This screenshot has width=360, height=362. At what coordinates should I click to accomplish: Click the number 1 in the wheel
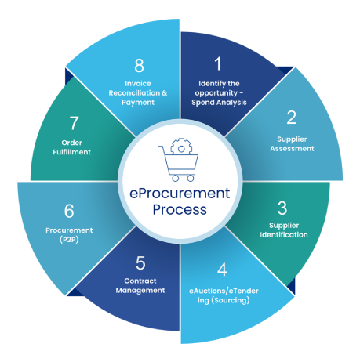point(218,63)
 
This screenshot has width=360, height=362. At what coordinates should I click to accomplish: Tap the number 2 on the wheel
point(291,118)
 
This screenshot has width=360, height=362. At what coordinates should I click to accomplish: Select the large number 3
point(282,208)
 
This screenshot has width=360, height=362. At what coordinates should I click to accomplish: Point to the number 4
point(222,270)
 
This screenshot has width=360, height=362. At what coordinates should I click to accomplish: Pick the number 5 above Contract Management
point(140,262)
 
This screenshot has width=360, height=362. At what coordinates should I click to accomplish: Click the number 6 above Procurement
point(69,211)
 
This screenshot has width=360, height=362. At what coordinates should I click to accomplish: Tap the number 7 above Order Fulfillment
point(74,123)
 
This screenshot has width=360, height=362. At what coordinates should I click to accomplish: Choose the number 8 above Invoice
point(140,65)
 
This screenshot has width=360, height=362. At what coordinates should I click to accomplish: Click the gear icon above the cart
point(181,147)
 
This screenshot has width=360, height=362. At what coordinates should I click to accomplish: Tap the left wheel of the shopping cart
point(176,179)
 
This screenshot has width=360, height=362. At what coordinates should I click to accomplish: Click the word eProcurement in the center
point(180,194)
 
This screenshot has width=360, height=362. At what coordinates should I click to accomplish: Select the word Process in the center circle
point(180,209)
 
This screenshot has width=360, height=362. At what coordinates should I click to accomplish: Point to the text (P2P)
point(69,240)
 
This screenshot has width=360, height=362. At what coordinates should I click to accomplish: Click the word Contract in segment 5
point(140,281)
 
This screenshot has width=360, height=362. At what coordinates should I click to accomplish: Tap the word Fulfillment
point(71,152)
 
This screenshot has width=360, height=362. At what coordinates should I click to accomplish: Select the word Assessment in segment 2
point(292,149)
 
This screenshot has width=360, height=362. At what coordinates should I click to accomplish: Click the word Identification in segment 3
point(284,234)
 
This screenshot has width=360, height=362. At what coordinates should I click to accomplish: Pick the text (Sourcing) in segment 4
point(231,300)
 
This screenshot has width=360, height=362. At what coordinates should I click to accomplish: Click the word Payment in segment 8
point(138,103)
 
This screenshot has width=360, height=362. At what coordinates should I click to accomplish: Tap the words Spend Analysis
point(219,103)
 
